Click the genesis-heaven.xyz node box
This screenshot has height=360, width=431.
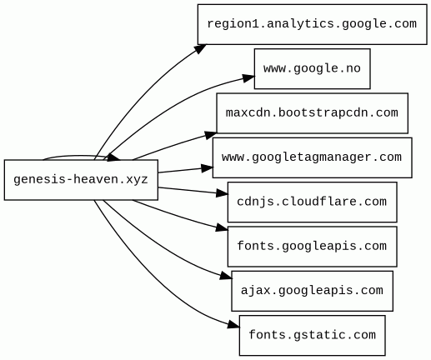coord(81,180)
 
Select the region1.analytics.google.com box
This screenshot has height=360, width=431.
coord(312,24)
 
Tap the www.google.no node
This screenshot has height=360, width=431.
coord(312,69)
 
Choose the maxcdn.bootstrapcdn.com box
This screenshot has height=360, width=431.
coord(312,113)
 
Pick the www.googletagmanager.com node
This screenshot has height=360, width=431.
coord(312,157)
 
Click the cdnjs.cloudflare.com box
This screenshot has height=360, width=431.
coord(312,202)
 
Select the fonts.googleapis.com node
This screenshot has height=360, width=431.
coord(312,247)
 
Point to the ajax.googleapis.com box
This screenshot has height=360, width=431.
coord(312,291)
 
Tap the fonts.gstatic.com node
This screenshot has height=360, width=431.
coord(312,335)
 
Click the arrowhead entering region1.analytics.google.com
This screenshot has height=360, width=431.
coord(200,48)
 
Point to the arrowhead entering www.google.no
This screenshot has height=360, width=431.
coord(248,77)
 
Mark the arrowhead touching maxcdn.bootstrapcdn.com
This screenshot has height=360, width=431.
coord(211,135)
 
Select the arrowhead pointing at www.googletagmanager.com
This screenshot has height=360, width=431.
coord(207,168)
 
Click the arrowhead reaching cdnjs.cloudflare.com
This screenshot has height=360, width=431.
coord(222,192)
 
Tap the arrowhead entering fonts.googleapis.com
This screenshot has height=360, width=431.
coord(222,227)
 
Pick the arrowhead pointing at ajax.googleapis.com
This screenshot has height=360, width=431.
coord(226,276)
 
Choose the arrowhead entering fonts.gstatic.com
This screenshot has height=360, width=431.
coord(233,324)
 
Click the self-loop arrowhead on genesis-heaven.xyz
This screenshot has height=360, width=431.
coord(113,157)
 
